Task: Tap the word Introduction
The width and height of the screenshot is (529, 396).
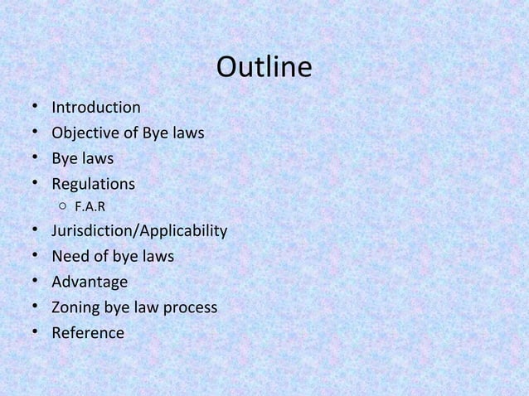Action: pos(95,108)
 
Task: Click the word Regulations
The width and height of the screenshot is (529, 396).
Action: pos(93,183)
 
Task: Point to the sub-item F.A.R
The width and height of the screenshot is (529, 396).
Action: pos(90,206)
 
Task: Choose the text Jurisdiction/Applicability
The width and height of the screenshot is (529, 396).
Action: pos(138,231)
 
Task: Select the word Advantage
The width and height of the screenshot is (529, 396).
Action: pos(90,283)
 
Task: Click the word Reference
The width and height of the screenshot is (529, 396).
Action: pos(88,333)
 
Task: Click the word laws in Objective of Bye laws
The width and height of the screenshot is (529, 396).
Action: pos(187,133)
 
